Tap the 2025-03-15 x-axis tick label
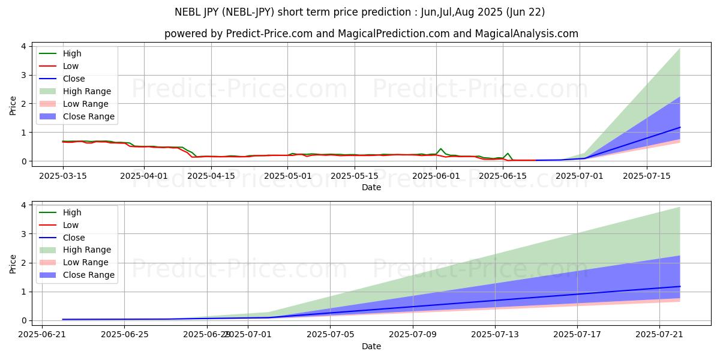(x=63, y=176)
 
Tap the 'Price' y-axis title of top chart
(x=13, y=106)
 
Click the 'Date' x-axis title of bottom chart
(x=371, y=346)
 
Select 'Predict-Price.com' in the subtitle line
(x=269, y=34)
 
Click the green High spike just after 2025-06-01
(x=441, y=149)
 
